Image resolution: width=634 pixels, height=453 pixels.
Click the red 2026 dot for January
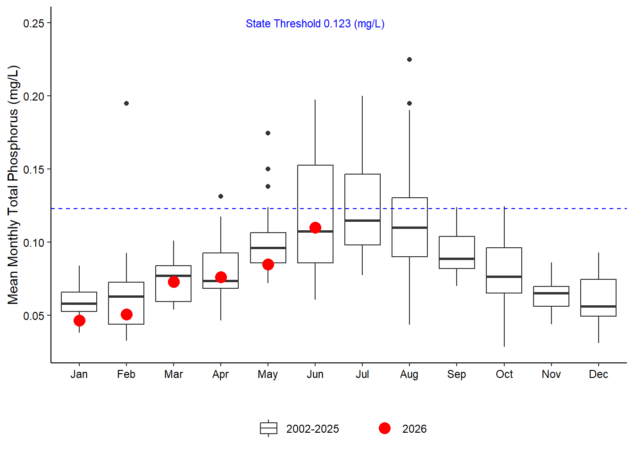pos(79,321)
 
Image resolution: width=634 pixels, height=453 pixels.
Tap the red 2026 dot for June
pos(315,227)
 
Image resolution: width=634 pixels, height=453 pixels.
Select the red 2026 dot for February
pos(126,314)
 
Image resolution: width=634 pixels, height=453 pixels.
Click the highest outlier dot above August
pos(409,59)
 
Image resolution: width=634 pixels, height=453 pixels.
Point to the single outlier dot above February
pos(126,103)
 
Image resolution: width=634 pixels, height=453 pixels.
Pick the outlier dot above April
pos(221,196)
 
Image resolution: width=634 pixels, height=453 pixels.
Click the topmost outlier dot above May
pos(268,133)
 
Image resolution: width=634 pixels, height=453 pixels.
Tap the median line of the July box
pos(362,220)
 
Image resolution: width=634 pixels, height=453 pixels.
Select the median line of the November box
pos(551,293)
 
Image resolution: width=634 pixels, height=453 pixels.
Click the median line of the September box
pos(457,259)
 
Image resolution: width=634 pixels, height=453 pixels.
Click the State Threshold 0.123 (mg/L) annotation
pos(315,24)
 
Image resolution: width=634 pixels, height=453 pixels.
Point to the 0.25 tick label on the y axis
pos(33,23)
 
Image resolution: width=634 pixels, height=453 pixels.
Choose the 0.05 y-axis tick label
pos(33,316)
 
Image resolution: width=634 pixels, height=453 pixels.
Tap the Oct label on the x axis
pos(504,374)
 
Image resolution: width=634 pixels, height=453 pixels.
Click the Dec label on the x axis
pos(598,374)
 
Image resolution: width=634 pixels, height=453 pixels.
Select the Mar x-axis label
pos(174,374)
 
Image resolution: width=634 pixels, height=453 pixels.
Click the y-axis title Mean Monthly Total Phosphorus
pos(13,185)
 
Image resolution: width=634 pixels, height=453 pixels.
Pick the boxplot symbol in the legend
pos(268,428)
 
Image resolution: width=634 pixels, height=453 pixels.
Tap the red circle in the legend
pos(384,428)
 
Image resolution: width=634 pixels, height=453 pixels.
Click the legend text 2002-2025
pos(312,429)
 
